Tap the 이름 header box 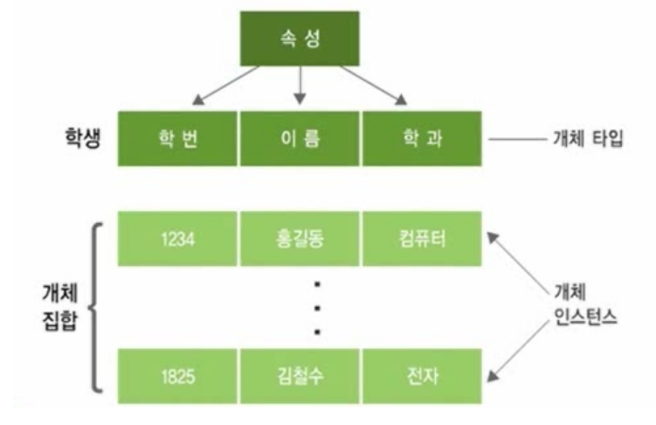(300, 138)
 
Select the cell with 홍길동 (300, 238)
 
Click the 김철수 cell (300, 376)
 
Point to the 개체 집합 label (61, 306)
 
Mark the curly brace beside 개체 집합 (94, 306)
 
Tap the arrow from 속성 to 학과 (376, 85)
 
